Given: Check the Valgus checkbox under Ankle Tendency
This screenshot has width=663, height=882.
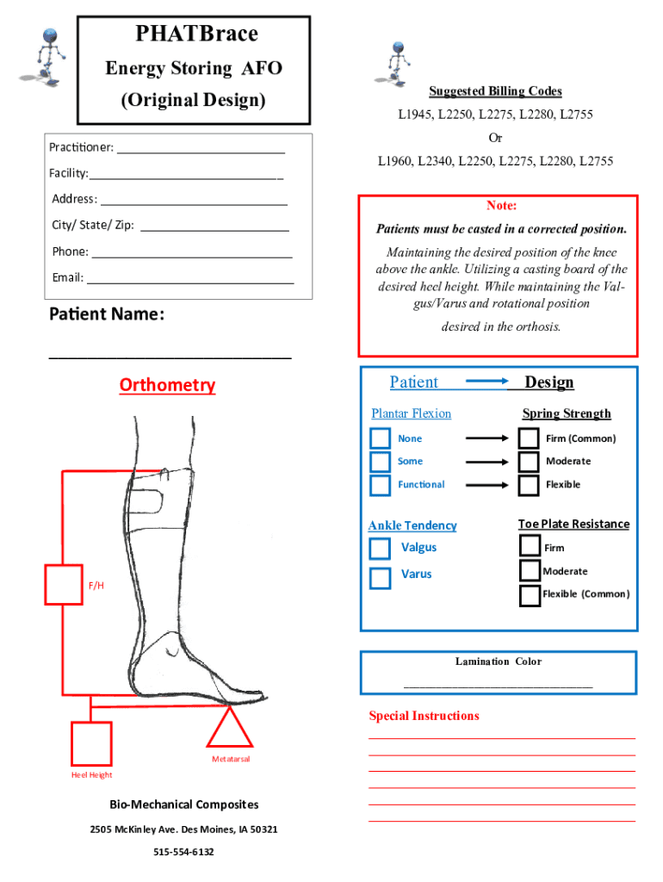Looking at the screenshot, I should [380, 549].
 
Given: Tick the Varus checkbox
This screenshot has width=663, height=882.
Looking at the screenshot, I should [380, 578].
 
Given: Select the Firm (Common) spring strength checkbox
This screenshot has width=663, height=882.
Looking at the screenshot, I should [530, 438].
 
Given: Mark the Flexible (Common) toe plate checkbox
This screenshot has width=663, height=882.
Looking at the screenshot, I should [530, 595].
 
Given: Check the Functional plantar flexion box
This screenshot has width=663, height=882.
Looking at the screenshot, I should [380, 485].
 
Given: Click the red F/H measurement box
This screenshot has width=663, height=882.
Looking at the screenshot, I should [63, 585].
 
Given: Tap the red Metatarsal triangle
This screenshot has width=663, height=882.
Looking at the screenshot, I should [230, 727].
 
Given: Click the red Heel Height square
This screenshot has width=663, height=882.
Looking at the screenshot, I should [91, 743].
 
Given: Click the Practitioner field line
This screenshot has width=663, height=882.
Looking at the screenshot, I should [201, 148].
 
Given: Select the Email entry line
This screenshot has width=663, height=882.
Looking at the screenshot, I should [189, 278].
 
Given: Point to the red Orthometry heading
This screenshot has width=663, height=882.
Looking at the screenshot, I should [167, 385].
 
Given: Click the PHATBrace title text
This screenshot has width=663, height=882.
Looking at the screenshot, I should [196, 34].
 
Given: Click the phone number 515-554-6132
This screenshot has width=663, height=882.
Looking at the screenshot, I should [183, 852].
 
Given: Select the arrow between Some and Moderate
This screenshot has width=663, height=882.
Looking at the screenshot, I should [486, 462].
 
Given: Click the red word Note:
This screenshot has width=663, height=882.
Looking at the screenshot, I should [501, 206].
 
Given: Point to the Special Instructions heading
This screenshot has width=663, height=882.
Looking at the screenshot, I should [424, 716].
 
